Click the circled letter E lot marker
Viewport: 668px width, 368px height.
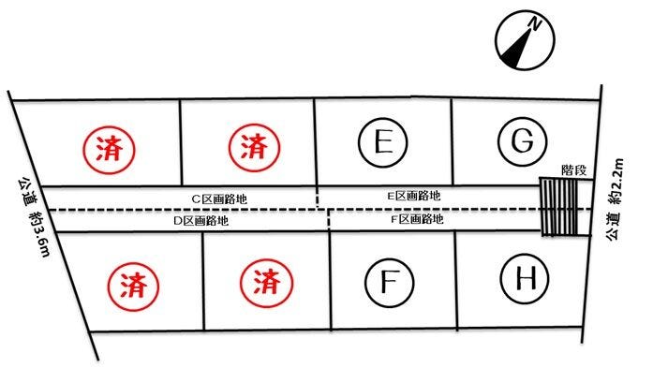click(381, 143)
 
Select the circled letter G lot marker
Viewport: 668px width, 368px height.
click(522, 141)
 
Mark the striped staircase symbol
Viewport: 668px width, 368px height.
click(560, 208)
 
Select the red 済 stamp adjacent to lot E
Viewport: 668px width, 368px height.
click(252, 145)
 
